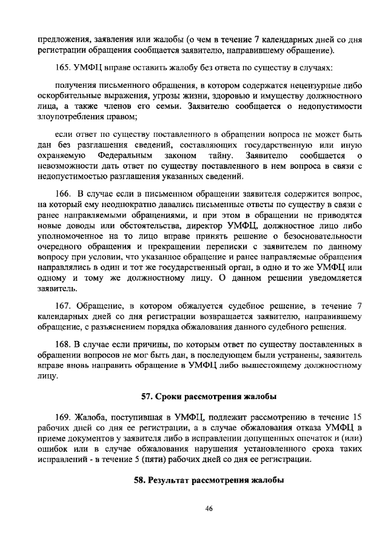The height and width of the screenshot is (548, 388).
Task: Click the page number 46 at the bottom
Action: (208, 509)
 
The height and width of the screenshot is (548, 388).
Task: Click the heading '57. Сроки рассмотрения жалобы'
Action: (208, 397)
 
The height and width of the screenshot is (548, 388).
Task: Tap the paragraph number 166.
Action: (62, 194)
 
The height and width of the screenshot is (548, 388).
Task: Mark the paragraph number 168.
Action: (62, 345)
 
